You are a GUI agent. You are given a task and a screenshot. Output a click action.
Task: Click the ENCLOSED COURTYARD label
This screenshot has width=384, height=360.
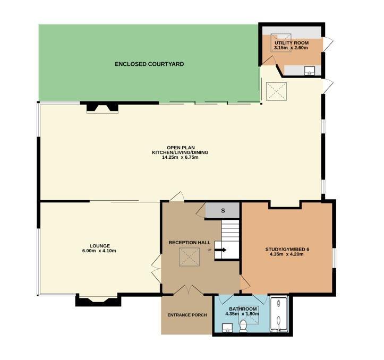click(149, 64)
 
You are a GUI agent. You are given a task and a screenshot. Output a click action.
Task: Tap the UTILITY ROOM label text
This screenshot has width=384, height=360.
click(292, 43)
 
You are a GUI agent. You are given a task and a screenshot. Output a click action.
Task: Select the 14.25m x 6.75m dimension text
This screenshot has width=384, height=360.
click(180, 157)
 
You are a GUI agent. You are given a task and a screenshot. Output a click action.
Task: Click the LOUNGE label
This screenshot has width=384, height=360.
click(100, 246)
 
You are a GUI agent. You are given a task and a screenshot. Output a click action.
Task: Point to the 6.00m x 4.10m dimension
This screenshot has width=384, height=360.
click(99, 251)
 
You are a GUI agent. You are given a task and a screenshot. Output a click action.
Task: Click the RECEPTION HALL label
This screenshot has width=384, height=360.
click(189, 243)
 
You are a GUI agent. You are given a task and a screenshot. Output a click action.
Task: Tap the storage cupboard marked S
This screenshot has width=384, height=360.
click(223, 210)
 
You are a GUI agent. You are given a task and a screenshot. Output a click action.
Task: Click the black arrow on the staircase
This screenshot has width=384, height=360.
click(220, 250)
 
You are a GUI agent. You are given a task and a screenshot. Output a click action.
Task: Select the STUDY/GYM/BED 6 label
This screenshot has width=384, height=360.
click(287, 250)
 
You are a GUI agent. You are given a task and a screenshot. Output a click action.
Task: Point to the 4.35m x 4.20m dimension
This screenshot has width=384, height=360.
click(286, 254)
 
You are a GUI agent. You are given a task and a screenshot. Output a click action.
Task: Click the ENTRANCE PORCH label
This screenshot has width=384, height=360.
click(187, 315)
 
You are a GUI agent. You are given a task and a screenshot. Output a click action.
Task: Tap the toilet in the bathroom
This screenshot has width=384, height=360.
click(243, 326)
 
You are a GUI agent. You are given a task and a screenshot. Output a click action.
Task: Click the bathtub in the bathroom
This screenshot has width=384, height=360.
click(279, 314)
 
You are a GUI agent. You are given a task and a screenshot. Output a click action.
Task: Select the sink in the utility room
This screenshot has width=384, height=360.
click(310, 71)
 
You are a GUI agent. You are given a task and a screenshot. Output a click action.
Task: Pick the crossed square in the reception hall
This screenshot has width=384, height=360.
click(190, 257)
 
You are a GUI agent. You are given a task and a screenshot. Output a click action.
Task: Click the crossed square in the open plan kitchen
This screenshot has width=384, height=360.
click(276, 91)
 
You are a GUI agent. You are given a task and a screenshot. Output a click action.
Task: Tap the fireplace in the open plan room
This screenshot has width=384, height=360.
click(103, 108)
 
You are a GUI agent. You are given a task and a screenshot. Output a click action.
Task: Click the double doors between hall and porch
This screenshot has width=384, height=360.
click(189, 290)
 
